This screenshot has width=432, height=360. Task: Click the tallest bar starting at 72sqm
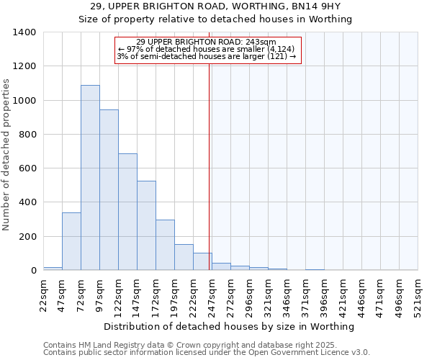(x=90, y=178)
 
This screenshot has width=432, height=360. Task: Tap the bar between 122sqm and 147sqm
(x=127, y=212)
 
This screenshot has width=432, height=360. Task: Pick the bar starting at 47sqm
(x=71, y=241)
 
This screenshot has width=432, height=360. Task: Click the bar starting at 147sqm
(x=146, y=225)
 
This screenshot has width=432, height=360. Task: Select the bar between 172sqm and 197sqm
(x=165, y=245)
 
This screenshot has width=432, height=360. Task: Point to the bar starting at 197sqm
(x=184, y=257)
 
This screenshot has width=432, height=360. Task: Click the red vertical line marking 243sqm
(x=210, y=166)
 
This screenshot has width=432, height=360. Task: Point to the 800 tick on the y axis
(x=27, y=135)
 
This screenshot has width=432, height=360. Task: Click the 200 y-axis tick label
(x=27, y=237)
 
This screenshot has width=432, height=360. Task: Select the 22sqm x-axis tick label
(x=44, y=295)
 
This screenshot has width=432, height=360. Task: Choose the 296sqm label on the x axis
(x=250, y=295)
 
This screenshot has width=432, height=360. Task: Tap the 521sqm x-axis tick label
(x=418, y=295)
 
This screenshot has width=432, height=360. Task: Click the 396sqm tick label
(x=325, y=295)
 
